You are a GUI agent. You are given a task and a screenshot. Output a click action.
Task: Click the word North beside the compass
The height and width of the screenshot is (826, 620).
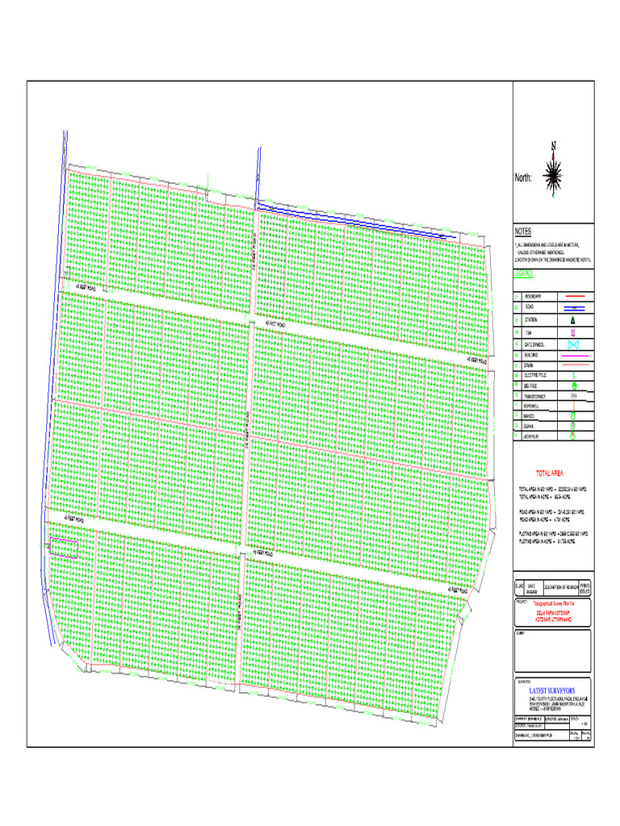coord(524,178)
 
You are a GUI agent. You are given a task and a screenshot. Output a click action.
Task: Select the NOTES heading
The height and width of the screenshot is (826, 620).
coord(522,232)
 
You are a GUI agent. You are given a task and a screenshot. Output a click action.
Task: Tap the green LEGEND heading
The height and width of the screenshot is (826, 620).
coord(524,274)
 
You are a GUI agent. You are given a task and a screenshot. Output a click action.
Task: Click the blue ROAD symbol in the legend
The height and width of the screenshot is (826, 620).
coord(572,309)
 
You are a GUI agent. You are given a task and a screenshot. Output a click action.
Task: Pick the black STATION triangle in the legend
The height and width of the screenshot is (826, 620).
coord(572,320)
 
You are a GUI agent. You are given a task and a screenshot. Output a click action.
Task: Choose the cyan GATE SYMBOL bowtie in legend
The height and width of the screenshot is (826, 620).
coord(572,344)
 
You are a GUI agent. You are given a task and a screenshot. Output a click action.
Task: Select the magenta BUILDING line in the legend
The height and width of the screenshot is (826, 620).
coord(572,355)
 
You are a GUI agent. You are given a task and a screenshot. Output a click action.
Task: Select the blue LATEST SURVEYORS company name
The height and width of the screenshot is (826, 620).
coord(551,691)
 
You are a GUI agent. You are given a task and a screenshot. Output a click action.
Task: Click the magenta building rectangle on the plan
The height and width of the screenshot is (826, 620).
coord(64,548)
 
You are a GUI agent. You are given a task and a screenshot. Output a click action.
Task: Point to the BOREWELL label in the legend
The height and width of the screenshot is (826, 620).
coord(534,407)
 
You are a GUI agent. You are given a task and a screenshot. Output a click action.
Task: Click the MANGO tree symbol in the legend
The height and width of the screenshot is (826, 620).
coord(572,416)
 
